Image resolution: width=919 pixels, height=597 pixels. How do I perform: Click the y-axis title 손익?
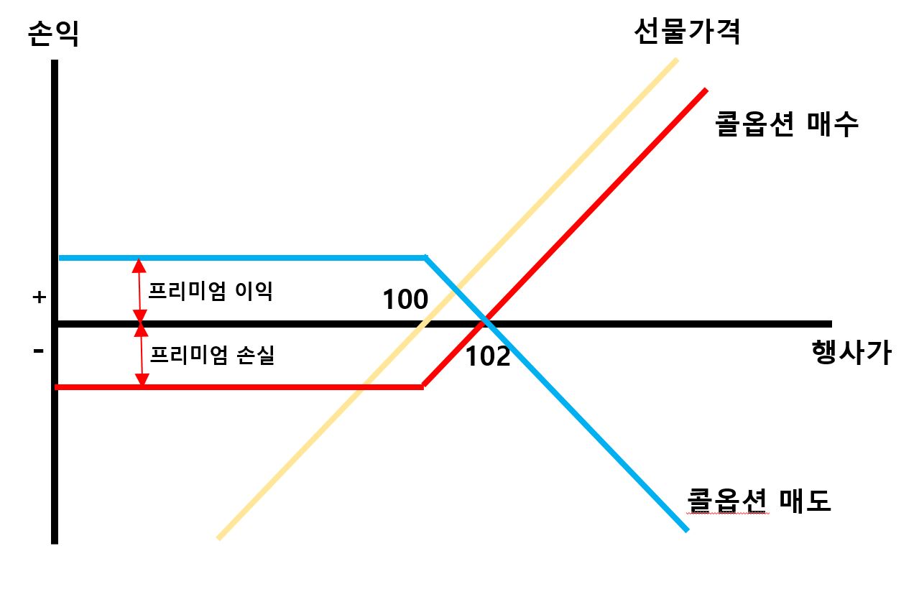pyautogui.click(x=53, y=34)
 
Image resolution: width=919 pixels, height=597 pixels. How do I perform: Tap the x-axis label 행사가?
pyautogui.click(x=851, y=353)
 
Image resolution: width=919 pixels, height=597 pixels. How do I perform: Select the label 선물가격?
pyautogui.click(x=686, y=31)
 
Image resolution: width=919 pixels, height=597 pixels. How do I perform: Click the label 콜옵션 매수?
pyautogui.click(x=787, y=124)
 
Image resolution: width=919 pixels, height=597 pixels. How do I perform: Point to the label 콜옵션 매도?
pyautogui.click(x=759, y=500)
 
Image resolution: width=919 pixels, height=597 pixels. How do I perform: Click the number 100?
pyautogui.click(x=405, y=300)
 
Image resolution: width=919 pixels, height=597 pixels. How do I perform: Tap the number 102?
pyautogui.click(x=488, y=356)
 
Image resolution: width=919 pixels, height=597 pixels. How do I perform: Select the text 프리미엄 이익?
pyautogui.click(x=210, y=291)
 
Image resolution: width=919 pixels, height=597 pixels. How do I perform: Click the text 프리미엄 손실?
pyautogui.click(x=211, y=355)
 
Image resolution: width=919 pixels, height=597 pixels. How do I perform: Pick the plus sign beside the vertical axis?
pyautogui.click(x=39, y=297)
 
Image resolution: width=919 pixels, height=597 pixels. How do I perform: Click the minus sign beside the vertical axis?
pyautogui.click(x=39, y=351)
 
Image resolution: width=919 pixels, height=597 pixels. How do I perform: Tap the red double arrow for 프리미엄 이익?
pyautogui.click(x=139, y=290)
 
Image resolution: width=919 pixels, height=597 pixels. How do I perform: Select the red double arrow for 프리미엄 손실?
pyautogui.click(x=141, y=355)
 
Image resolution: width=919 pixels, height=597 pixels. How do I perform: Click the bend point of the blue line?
pyautogui.click(x=427, y=257)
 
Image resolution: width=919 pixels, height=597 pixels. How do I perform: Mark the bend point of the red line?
pyautogui.click(x=423, y=387)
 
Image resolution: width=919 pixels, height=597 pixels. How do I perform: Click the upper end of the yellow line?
pyautogui.click(x=676, y=60)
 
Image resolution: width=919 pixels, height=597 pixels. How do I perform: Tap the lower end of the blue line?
pyautogui.click(x=686, y=529)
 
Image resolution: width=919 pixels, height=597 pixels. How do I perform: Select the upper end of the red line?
pyautogui.click(x=706, y=91)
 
